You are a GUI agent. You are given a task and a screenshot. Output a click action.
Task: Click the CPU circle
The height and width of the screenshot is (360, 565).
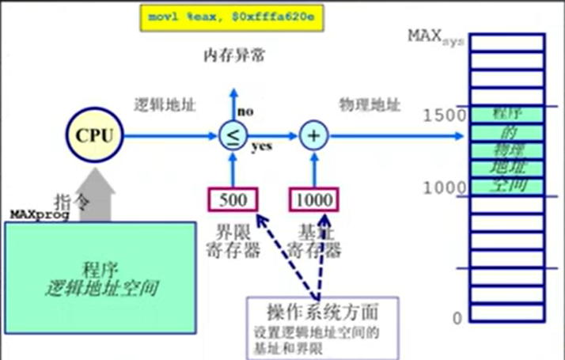click(95, 135)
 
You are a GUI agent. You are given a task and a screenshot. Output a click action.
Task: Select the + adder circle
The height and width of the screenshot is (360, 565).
click(314, 136)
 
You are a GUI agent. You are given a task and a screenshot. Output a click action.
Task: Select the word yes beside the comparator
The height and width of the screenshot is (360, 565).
click(262, 147)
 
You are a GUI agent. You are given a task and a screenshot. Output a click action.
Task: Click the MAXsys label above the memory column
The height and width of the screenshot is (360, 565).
click(434, 36)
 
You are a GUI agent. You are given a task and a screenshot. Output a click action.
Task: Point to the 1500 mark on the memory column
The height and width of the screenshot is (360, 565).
click(439, 116)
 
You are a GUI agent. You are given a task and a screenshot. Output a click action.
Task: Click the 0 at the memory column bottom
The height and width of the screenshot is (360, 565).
click(456, 319)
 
